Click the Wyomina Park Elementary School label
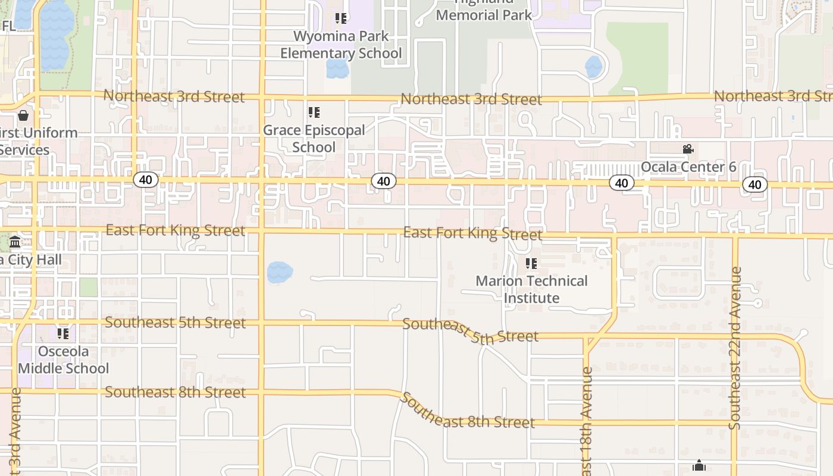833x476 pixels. click(x=341, y=45)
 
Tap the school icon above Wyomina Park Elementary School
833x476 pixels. click(x=340, y=18)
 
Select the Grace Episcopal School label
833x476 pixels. click(x=314, y=139)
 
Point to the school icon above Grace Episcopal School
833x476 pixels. click(x=314, y=112)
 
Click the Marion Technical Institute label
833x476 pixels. click(x=531, y=289)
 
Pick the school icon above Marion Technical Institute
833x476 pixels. click(x=531, y=263)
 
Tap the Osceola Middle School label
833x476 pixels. click(x=63, y=360)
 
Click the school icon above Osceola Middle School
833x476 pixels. click(x=63, y=333)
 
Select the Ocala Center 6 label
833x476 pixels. click(x=688, y=167)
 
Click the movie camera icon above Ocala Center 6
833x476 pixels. click(x=688, y=149)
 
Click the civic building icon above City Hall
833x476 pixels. click(x=15, y=242)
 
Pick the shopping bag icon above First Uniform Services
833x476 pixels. click(x=23, y=115)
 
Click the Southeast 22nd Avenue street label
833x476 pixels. click(x=735, y=348)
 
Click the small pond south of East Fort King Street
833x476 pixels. click(x=280, y=273)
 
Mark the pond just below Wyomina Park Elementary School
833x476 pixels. click(x=337, y=68)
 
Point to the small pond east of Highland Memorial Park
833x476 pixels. click(x=594, y=67)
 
